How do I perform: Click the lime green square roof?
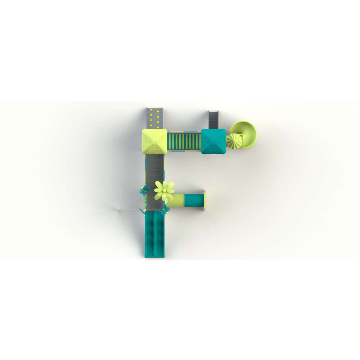click(154, 141)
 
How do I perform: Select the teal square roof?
click(213, 141)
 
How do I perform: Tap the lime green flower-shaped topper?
click(164, 190)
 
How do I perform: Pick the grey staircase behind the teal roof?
click(214, 119)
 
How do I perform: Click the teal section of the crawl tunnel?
click(194, 200)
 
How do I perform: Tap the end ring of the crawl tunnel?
click(204, 200)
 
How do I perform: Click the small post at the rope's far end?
click(118, 210)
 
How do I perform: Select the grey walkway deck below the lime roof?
click(154, 173)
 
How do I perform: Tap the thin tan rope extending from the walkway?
click(130, 210)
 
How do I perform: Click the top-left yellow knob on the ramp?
click(152, 109)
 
